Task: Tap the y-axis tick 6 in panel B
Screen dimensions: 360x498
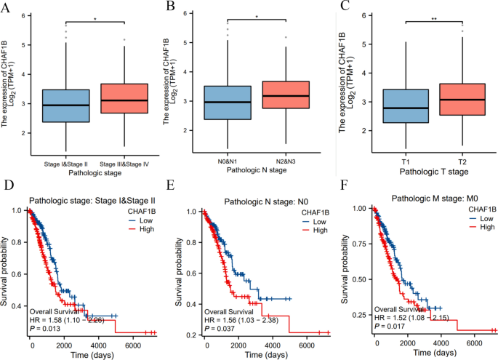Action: [x=189, y=13]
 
